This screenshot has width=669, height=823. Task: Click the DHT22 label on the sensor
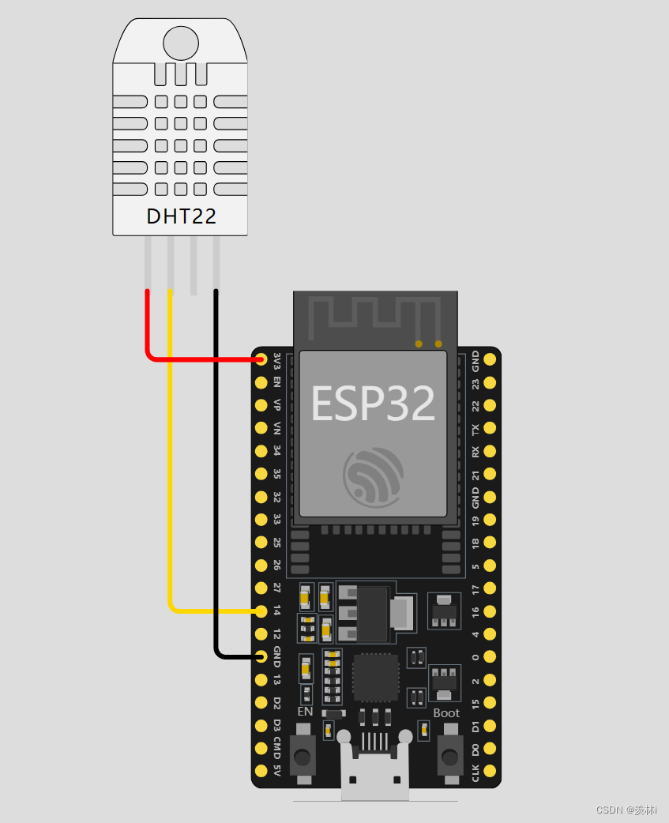[181, 216]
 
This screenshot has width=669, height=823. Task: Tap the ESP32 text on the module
[373, 404]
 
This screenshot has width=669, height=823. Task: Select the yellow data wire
[171, 474]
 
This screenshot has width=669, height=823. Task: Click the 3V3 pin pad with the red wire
[261, 360]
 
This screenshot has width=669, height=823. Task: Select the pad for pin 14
[261, 611]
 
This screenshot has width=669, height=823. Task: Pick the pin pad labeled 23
[490, 383]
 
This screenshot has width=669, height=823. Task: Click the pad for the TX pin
[490, 429]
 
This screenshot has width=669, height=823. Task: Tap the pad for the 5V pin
[261, 770]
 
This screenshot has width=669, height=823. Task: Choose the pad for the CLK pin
[490, 770]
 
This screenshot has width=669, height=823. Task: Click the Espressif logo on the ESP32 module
[372, 476]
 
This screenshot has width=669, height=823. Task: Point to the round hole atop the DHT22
[181, 43]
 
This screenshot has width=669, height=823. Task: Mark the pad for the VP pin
[261, 405]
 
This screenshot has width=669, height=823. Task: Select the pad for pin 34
[261, 451]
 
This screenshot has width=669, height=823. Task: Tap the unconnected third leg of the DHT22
[194, 265]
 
